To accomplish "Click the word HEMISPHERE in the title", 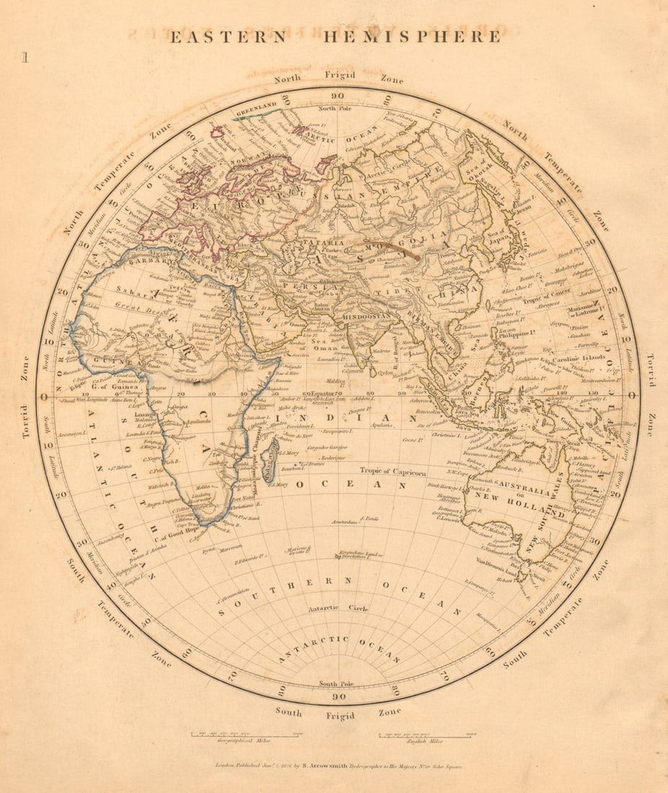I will (x=411, y=37).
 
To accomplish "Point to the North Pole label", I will (x=337, y=108).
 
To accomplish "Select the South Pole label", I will (x=338, y=683).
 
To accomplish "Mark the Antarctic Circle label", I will (x=338, y=608).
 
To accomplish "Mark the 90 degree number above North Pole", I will (x=337, y=96).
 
